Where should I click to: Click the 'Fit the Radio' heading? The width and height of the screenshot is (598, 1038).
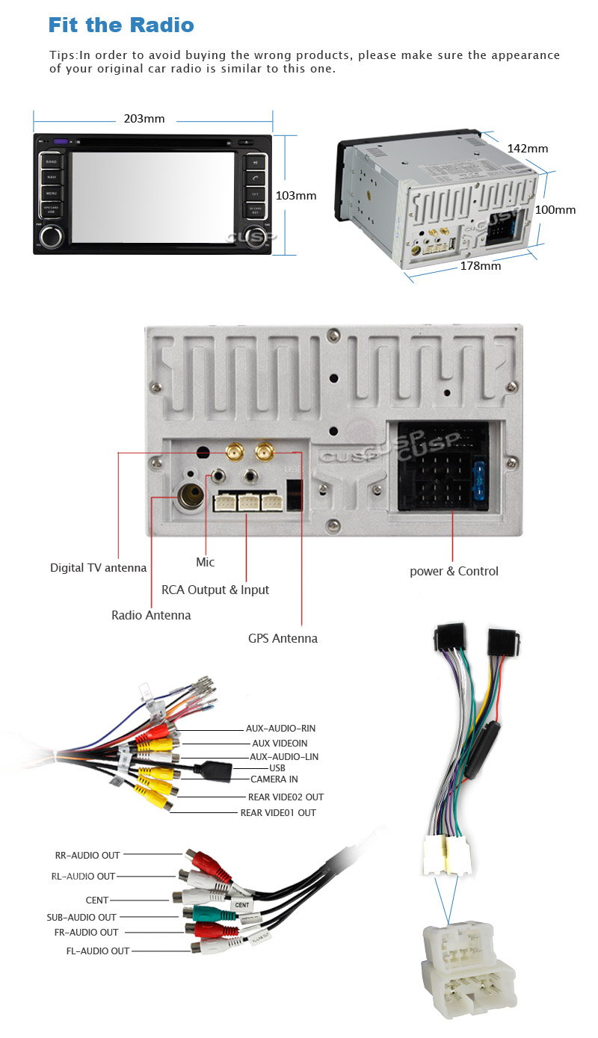pyautogui.click(x=121, y=25)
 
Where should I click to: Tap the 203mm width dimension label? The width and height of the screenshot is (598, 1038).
pyautogui.click(x=144, y=119)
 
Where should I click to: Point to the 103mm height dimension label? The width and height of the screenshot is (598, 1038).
pyautogui.click(x=296, y=196)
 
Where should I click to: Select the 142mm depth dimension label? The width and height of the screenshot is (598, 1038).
pyautogui.click(x=528, y=149)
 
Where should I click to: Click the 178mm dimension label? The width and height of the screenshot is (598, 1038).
pyautogui.click(x=480, y=266)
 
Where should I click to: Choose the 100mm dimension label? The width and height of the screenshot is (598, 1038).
pyautogui.click(x=555, y=210)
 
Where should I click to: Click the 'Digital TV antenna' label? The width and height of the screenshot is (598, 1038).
pyautogui.click(x=98, y=568)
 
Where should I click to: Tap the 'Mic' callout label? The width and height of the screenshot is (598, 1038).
pyautogui.click(x=205, y=562)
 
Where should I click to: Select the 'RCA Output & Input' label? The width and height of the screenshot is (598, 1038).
pyautogui.click(x=215, y=590)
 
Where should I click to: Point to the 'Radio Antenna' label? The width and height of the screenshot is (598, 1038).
pyautogui.click(x=151, y=615)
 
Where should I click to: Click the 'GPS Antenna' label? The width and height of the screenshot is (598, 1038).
pyautogui.click(x=283, y=638)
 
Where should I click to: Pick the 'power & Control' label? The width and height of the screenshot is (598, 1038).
pyautogui.click(x=454, y=571)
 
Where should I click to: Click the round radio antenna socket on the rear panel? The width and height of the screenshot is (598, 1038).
pyautogui.click(x=188, y=495)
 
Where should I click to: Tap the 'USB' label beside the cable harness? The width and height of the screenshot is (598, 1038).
pyautogui.click(x=277, y=767)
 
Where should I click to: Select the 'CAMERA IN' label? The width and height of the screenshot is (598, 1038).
pyautogui.click(x=274, y=779)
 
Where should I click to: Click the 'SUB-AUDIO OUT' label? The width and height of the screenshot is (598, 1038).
pyautogui.click(x=81, y=917)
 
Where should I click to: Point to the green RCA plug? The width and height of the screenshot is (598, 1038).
pyautogui.click(x=204, y=912)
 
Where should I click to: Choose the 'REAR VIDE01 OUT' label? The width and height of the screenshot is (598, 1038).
pyautogui.click(x=277, y=812)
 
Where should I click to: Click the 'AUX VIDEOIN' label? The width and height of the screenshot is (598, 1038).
pyautogui.click(x=280, y=743)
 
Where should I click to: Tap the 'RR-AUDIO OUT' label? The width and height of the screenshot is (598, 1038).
pyautogui.click(x=87, y=855)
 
